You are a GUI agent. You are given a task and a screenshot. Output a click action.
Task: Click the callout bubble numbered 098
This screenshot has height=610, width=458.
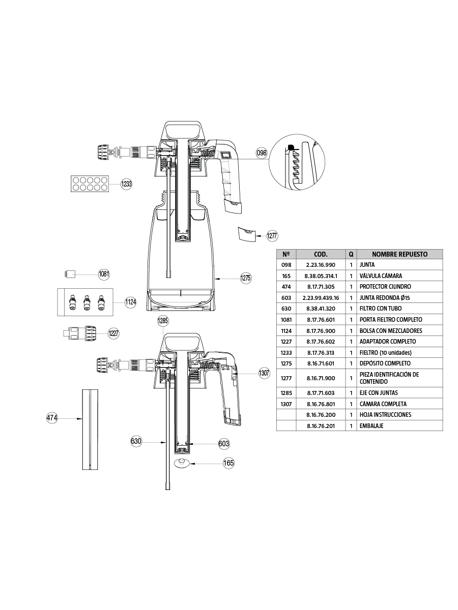262,152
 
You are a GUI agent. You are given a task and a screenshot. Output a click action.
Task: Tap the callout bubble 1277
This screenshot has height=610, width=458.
272,235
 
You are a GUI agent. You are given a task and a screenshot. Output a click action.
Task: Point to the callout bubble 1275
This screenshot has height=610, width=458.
246,278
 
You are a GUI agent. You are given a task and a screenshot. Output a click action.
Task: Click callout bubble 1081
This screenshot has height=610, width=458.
104,274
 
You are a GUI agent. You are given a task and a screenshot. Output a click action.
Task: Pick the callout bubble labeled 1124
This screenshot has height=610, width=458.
131,302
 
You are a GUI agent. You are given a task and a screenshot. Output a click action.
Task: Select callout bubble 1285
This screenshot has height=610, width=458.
163,321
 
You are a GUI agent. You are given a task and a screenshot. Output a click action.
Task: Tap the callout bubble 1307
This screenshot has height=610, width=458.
264,373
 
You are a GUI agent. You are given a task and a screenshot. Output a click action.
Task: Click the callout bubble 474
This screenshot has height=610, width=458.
52,418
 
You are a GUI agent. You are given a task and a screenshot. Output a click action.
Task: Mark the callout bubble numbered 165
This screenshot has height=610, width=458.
229,463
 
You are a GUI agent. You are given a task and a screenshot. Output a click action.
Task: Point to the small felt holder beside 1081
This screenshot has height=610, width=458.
71,274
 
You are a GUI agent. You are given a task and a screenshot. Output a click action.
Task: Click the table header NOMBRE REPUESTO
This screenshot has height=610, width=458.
399,254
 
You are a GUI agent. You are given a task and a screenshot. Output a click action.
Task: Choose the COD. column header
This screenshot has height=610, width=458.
321,254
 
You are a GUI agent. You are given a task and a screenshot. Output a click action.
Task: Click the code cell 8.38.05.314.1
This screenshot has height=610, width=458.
321,276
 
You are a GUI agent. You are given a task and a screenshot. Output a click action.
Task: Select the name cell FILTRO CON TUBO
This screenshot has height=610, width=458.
380,309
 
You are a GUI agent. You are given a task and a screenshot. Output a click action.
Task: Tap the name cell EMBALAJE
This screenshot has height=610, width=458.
373,425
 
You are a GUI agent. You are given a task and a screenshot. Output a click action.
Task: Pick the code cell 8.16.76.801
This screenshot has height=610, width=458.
321,404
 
